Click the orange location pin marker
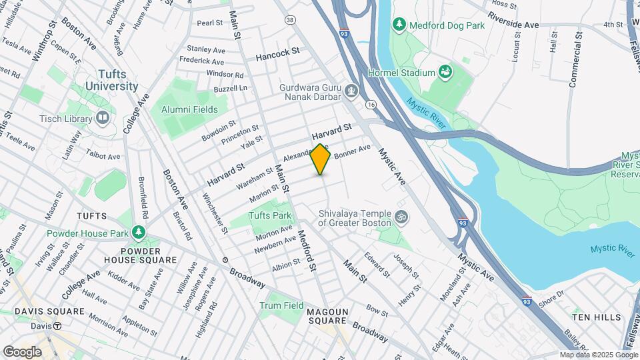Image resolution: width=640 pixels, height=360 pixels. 321,159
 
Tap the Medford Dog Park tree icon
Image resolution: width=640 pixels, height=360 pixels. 399,25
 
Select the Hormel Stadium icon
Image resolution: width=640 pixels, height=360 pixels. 446,72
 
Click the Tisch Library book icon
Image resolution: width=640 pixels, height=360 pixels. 102,119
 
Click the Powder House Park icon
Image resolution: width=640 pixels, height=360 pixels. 139,233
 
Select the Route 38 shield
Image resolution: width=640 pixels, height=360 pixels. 289,21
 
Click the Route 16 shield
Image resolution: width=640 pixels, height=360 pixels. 371,105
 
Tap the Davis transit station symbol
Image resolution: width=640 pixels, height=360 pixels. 58,326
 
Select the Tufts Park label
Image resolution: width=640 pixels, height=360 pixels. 270,215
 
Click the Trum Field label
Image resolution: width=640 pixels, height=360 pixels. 281,305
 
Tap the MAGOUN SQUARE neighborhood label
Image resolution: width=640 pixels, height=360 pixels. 328,317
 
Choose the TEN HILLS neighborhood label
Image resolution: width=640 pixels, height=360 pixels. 597,318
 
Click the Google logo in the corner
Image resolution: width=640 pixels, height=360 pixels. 22,351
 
